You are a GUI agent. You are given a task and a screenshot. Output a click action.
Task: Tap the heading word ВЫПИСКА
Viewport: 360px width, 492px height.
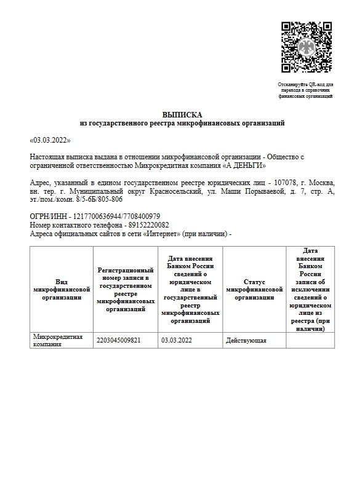(x=182, y=115)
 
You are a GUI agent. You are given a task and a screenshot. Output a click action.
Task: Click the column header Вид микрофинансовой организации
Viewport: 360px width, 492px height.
(x=62, y=288)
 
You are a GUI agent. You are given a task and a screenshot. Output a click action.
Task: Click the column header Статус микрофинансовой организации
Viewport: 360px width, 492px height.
(x=254, y=289)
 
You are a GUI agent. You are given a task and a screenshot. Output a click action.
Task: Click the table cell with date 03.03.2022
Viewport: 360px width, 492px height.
(x=176, y=339)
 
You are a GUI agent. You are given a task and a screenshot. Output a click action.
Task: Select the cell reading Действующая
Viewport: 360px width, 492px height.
(x=246, y=339)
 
